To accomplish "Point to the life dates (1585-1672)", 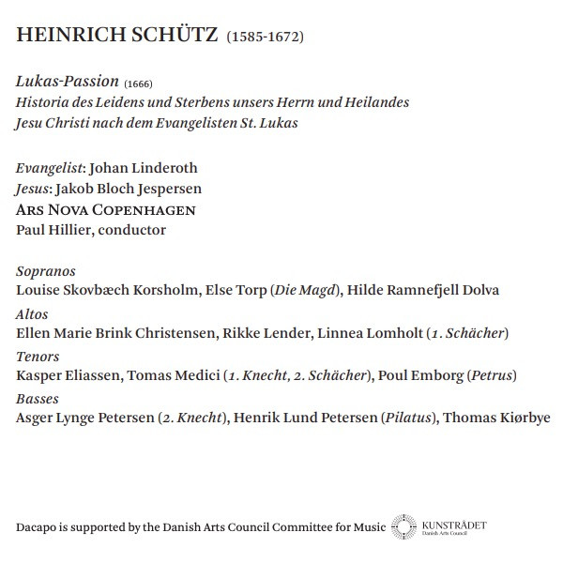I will (x=266, y=38).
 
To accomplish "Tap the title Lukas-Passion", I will (x=68, y=83).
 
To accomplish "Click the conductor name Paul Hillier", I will (x=56, y=230).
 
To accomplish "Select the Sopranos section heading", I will (x=46, y=271).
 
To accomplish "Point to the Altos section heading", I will (x=33, y=314).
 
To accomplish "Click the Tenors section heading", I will (x=38, y=357).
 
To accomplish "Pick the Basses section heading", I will (x=38, y=399).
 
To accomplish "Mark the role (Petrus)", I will (x=492, y=375).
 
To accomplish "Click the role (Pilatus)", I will (x=408, y=418).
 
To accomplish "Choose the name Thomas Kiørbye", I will (x=496, y=418).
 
